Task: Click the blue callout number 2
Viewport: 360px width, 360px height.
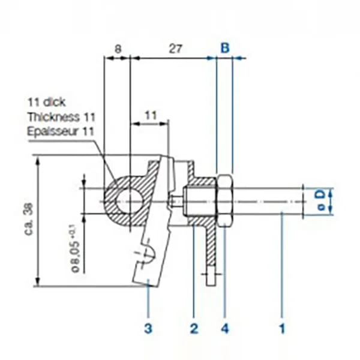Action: [x=193, y=328]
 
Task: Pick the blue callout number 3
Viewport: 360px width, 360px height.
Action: [x=148, y=328]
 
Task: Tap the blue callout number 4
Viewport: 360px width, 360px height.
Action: [x=226, y=328]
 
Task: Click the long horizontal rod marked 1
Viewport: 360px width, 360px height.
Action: [x=264, y=200]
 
